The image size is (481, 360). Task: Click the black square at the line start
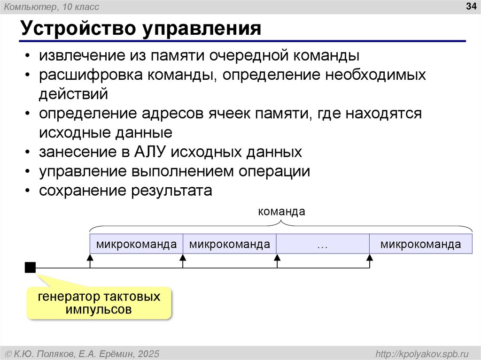point(30,268)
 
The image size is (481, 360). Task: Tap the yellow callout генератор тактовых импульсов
point(99,303)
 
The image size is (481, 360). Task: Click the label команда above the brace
point(281,212)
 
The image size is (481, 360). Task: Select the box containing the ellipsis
point(322,245)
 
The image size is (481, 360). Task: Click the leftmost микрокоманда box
point(136,245)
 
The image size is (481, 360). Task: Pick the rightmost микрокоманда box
point(420,245)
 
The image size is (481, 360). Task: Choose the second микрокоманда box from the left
point(229,245)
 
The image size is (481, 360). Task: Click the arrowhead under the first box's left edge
point(90,258)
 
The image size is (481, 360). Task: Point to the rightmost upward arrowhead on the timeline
point(370,258)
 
